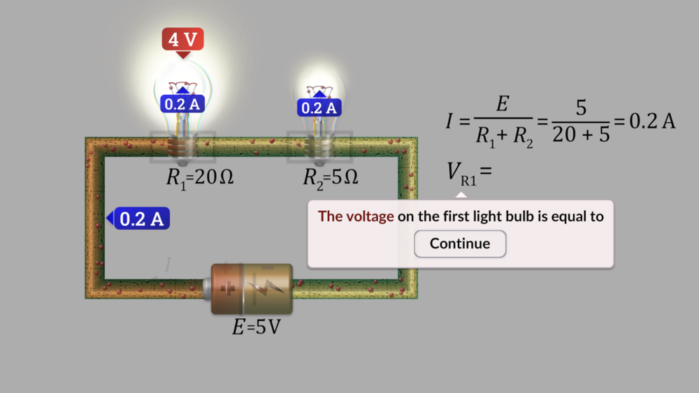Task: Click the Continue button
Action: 460,244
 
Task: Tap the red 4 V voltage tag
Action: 182,39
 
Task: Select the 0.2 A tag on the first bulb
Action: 182,104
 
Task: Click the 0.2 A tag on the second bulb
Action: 319,107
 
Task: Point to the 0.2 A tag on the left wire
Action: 142,218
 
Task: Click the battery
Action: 252,288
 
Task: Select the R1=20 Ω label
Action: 199,178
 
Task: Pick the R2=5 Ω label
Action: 330,178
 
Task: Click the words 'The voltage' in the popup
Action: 356,216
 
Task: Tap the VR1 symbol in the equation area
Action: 462,172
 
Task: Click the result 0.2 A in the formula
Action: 652,121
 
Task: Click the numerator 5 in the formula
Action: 581,108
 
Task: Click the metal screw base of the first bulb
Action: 182,147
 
